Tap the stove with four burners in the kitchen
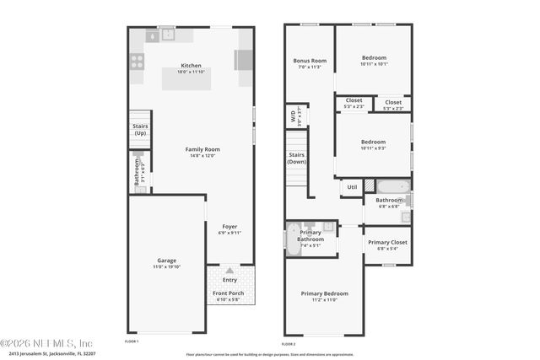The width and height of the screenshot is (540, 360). point(137,62)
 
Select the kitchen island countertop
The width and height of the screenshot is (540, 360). point(187,78)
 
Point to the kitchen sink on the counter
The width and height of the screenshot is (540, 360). point(167,35)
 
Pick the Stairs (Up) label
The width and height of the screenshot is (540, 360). point(140,130)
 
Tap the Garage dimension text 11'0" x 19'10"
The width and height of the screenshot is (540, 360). point(166,266)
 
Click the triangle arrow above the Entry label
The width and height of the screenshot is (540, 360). point(229,271)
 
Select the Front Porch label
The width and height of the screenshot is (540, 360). point(229,293)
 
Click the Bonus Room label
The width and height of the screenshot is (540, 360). point(310,61)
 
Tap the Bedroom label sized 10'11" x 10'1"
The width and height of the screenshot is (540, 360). point(374,57)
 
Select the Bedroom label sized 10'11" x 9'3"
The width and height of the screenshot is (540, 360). point(373,142)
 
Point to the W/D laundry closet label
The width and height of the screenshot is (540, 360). point(294,116)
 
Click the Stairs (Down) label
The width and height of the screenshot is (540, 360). point(297,158)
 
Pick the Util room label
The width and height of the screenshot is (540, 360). point(352,187)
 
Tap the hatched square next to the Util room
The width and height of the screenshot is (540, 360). point(369,185)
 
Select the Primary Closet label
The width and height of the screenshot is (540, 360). point(387,242)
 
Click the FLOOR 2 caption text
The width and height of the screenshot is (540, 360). point(289,343)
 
